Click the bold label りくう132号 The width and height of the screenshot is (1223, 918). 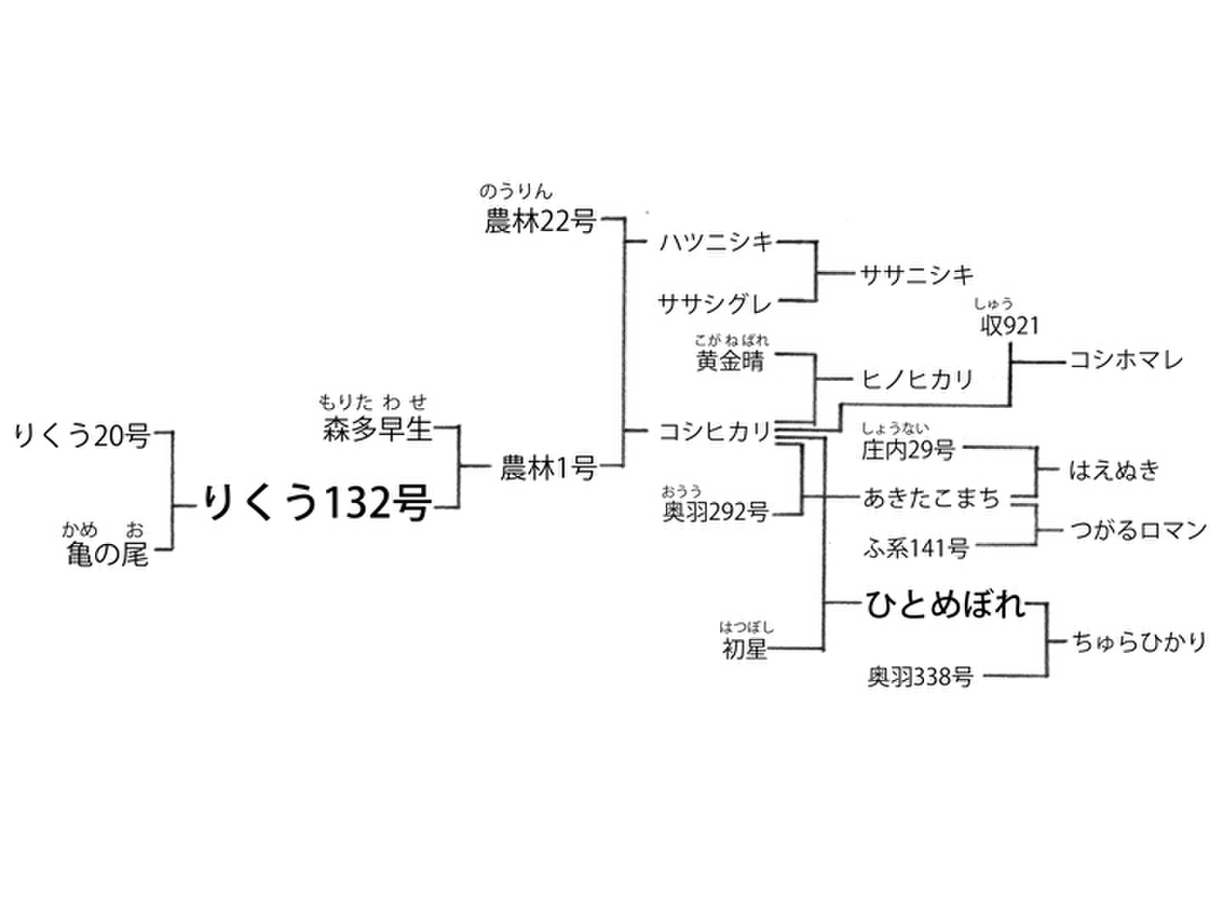[316, 504]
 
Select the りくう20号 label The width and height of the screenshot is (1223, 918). [82, 436]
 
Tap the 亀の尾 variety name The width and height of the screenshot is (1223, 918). [107, 555]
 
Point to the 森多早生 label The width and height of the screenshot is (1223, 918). [377, 429]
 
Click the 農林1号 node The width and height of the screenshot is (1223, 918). [548, 467]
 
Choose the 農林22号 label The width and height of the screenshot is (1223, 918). [539, 221]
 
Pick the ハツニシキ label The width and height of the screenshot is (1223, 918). [717, 242]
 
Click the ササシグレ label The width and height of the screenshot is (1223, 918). [714, 303]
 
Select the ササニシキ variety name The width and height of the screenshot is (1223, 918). [916, 275]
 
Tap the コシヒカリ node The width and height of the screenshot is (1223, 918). [715, 432]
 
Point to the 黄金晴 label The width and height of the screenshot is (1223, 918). [730, 361]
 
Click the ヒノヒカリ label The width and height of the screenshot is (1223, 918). [916, 378]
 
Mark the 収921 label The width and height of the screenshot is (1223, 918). [1009, 326]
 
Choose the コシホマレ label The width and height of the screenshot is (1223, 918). [1125, 360]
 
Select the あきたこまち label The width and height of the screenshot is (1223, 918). [931, 497]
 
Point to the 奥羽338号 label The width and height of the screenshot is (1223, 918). [920, 677]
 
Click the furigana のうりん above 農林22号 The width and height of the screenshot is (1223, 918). [516, 192]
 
